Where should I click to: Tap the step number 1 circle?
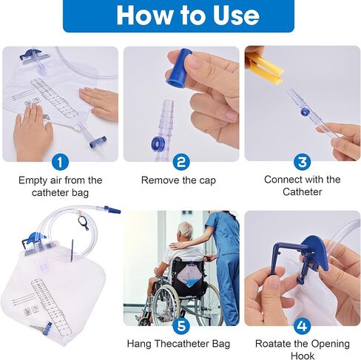click(61, 161)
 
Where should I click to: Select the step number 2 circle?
click(181, 161)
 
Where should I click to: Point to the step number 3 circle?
click(301, 161)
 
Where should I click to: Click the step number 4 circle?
click(301, 325)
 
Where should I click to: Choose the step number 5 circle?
click(181, 325)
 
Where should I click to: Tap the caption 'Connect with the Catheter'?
click(302, 186)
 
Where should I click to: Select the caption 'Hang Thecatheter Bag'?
click(178, 344)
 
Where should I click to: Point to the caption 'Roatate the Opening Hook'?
click(302, 349)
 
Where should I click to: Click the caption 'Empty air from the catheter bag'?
click(61, 186)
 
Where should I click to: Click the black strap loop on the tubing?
click(84, 221)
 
